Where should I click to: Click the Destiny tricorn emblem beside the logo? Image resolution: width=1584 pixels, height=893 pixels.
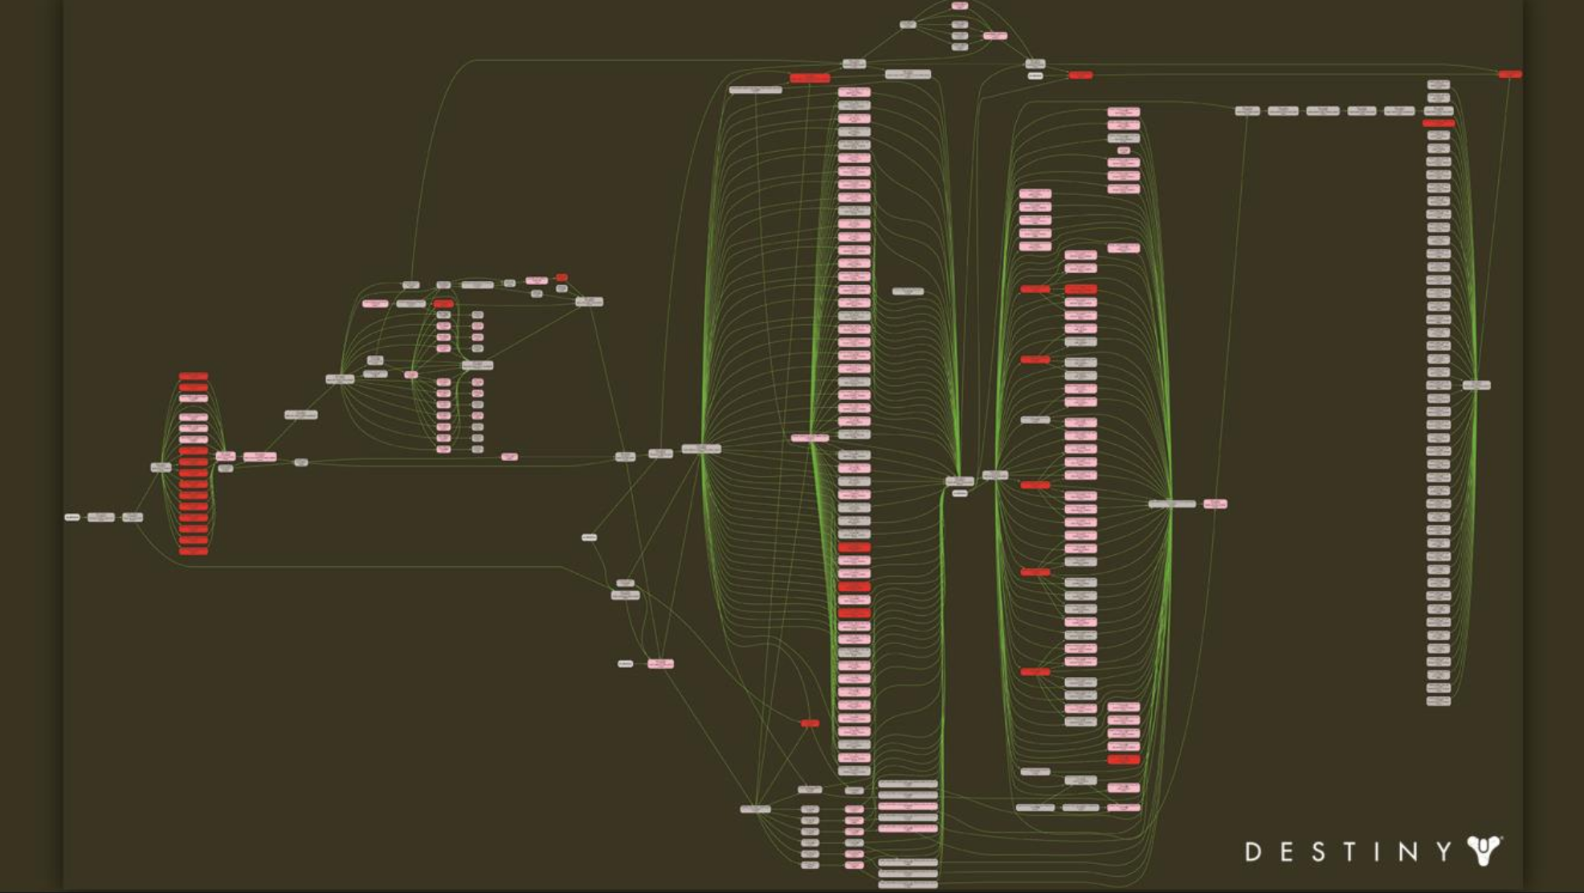(x=1484, y=850)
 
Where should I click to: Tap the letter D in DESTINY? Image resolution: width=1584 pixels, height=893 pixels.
(x=1252, y=852)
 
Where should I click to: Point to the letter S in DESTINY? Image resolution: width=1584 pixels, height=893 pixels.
(x=1319, y=852)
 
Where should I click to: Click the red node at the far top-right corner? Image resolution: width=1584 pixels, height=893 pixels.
(x=1509, y=75)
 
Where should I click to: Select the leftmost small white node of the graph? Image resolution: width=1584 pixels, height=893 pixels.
(x=72, y=517)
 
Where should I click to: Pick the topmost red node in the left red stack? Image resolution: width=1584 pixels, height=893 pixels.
(x=194, y=376)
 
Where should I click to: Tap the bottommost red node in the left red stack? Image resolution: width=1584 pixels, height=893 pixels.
(x=194, y=552)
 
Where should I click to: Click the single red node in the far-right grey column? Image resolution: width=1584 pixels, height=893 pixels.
(x=1438, y=124)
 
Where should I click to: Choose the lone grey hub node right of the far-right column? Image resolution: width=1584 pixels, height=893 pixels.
(x=1476, y=385)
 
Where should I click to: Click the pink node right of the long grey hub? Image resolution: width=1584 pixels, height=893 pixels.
(x=1215, y=504)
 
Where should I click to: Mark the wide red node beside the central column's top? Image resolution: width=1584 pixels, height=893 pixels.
(x=810, y=78)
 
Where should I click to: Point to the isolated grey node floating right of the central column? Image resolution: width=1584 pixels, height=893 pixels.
(x=908, y=292)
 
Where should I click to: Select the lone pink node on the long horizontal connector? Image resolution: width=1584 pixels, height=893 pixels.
(x=509, y=457)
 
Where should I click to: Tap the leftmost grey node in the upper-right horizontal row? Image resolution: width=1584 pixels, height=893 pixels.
(x=1247, y=111)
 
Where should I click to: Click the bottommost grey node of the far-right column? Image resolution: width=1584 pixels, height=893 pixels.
(x=1438, y=701)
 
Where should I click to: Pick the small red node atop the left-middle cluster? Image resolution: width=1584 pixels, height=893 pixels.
(x=561, y=278)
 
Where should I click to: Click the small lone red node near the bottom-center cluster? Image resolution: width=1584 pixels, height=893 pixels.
(x=810, y=724)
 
